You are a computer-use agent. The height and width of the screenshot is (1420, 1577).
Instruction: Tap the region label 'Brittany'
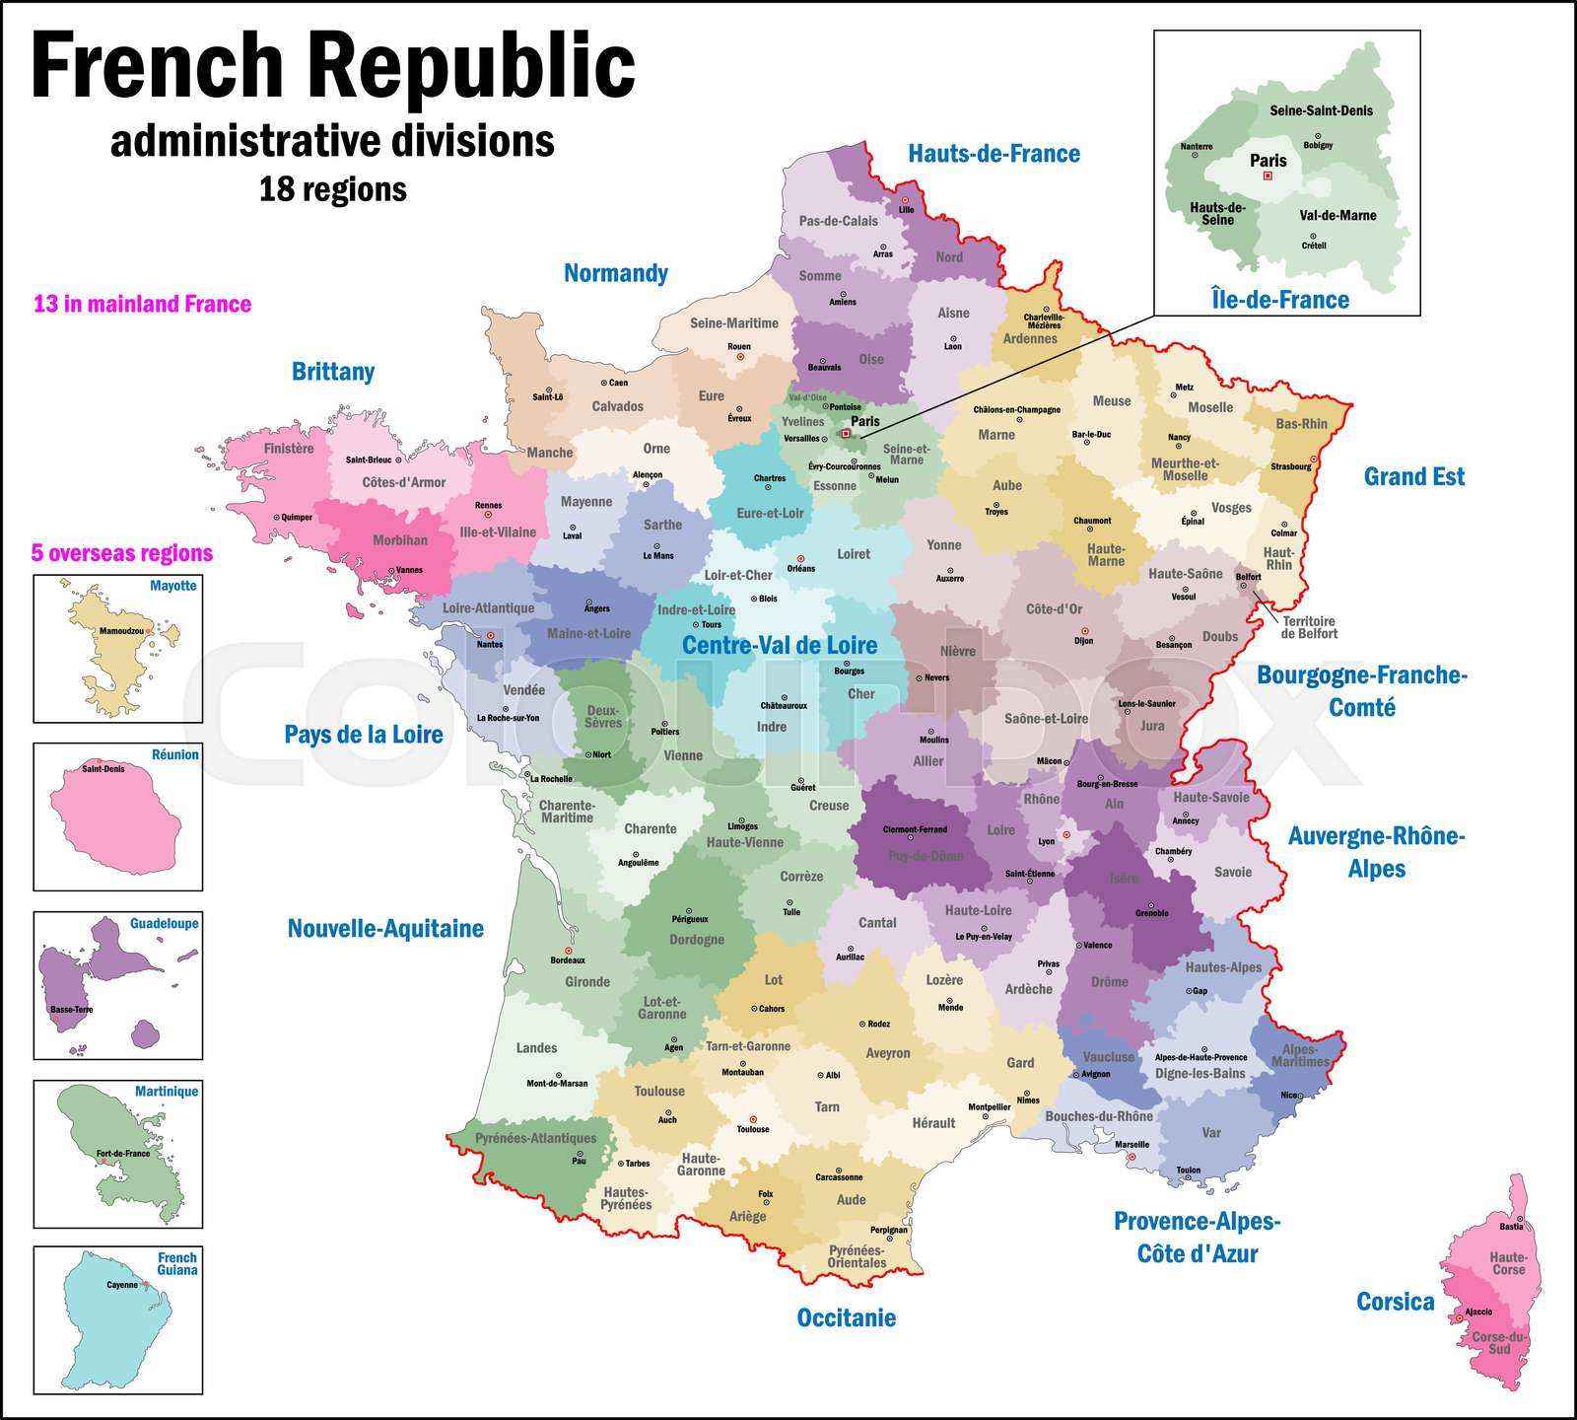[333, 372]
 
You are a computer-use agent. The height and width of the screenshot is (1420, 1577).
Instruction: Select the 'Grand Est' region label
[1413, 477]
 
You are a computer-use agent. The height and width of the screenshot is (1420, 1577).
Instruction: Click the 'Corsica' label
[1395, 1302]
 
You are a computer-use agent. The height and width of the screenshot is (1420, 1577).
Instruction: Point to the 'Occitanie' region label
[846, 1318]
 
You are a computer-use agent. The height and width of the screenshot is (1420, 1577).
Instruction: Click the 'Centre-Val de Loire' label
[779, 646]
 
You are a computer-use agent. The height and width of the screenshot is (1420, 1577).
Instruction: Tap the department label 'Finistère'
[289, 449]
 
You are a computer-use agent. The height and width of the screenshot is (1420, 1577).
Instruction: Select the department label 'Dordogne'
[696, 940]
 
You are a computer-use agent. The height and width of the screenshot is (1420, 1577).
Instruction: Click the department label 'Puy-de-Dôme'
[925, 856]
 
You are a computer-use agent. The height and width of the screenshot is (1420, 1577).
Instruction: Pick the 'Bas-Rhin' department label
[1301, 424]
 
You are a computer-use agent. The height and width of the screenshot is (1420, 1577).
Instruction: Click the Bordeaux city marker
[569, 951]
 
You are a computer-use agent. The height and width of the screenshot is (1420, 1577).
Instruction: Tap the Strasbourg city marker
[1314, 459]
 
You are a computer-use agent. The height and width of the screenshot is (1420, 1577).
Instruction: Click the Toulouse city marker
[753, 1119]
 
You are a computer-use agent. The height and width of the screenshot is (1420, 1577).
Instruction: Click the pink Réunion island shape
[116, 819]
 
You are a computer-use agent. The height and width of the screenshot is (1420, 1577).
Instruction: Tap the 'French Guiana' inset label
[177, 1264]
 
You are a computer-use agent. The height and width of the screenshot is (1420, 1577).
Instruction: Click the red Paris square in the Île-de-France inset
[1268, 177]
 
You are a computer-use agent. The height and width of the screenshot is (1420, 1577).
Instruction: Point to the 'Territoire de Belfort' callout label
[1308, 628]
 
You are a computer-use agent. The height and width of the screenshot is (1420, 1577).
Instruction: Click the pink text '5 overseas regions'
[122, 553]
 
